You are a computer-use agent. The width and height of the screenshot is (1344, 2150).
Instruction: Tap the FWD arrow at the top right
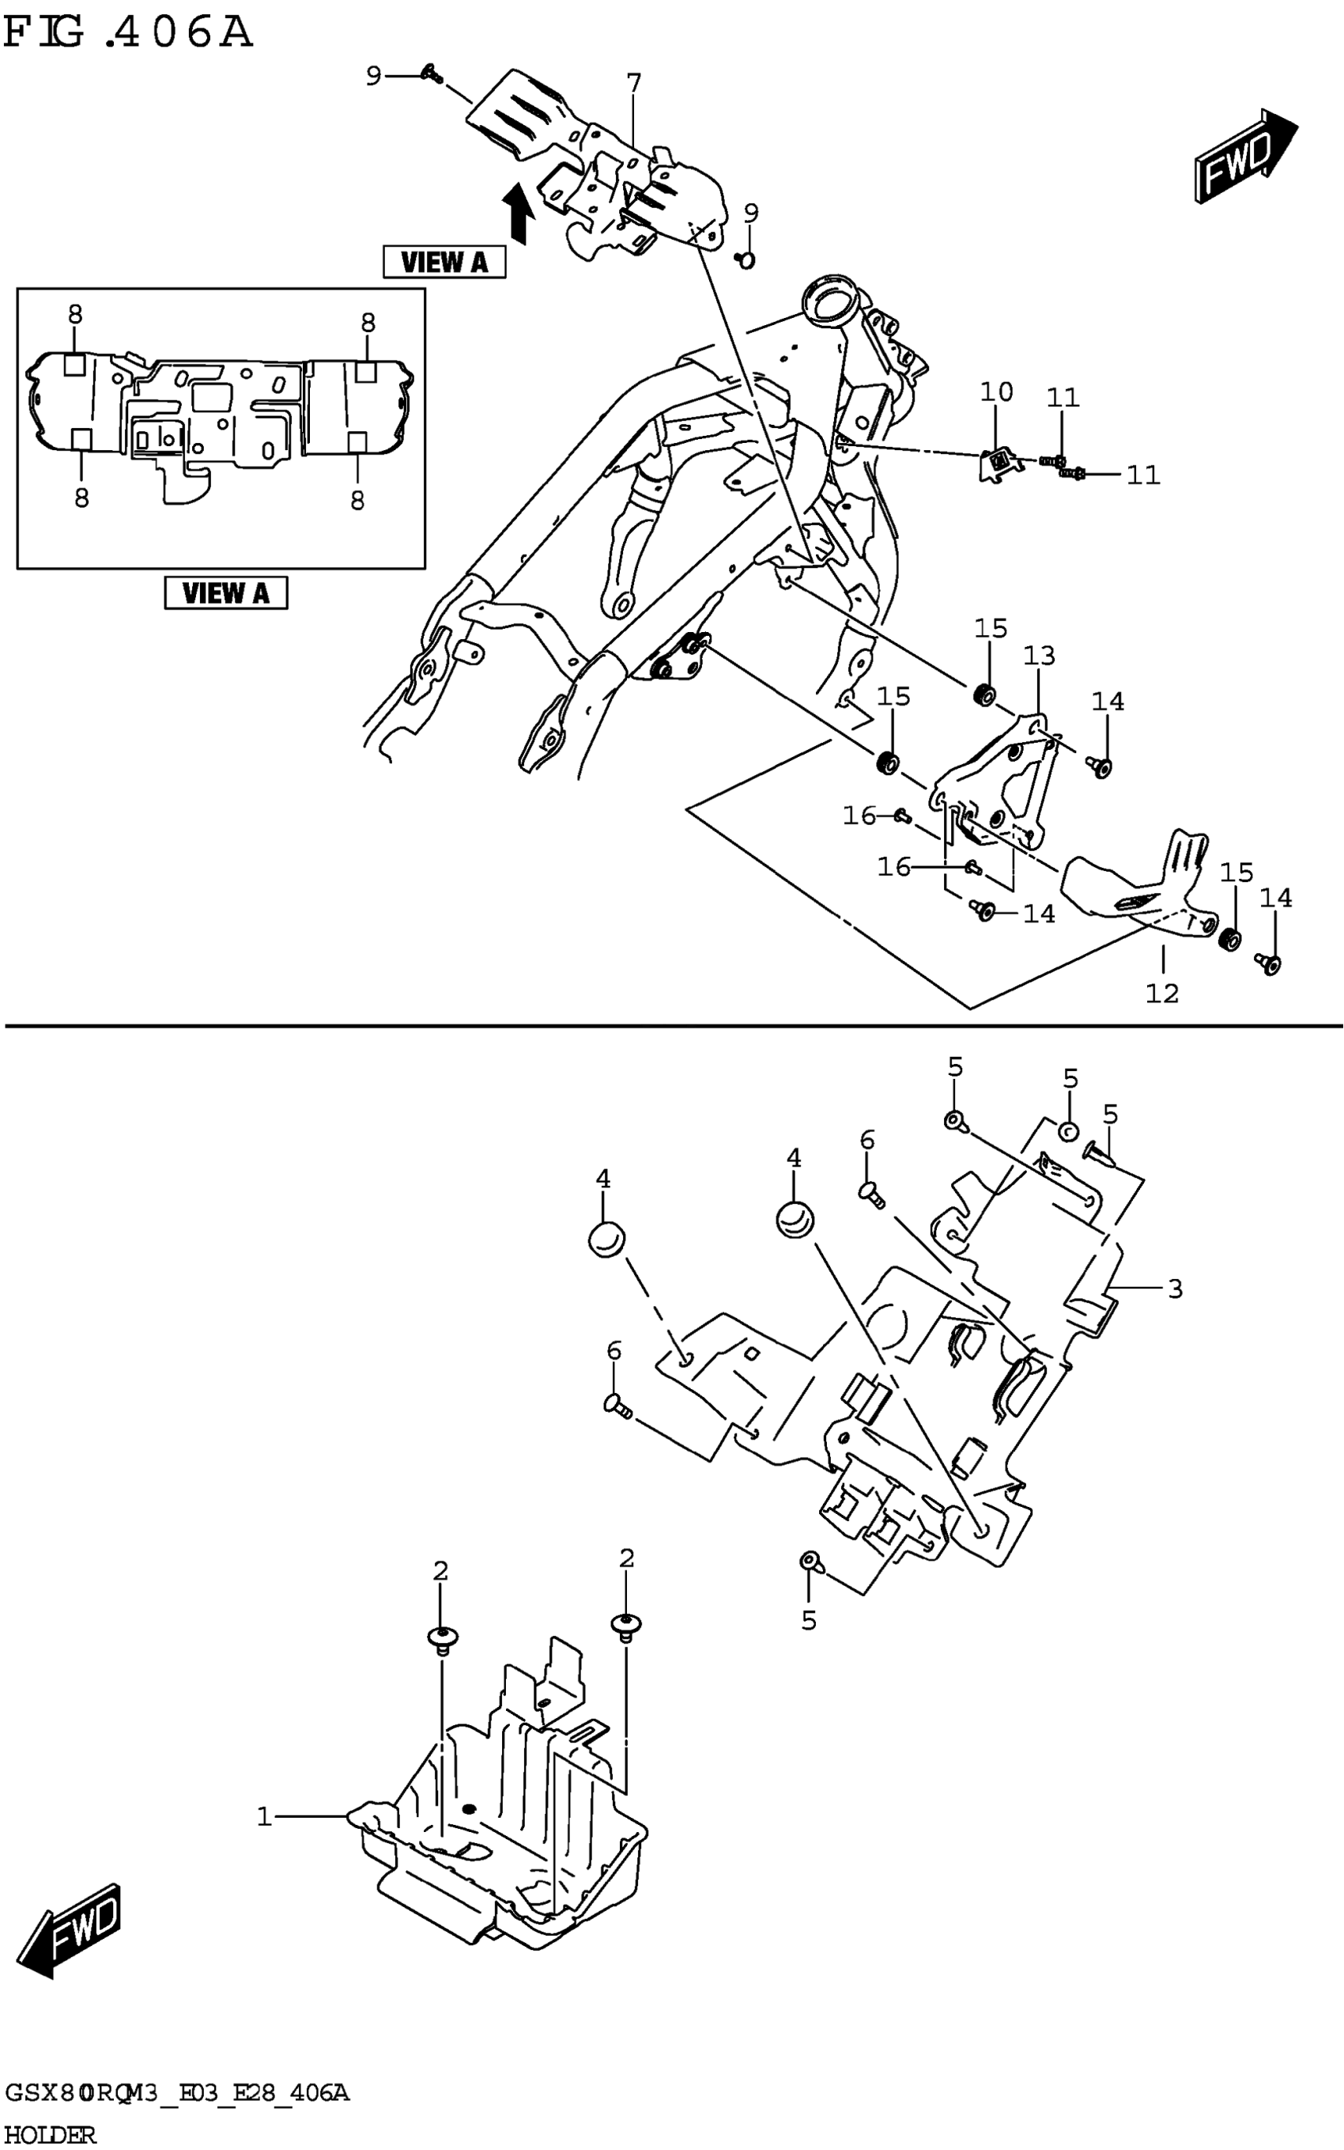coord(1244,157)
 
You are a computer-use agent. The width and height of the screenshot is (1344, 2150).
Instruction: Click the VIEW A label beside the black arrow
coord(444,263)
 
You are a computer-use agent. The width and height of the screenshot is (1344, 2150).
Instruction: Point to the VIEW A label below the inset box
coord(226,593)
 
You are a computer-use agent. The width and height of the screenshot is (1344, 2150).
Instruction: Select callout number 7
coord(633,84)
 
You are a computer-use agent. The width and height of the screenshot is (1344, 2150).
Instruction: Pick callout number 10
coord(996,392)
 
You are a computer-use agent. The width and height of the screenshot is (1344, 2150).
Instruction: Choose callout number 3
coord(1175,1289)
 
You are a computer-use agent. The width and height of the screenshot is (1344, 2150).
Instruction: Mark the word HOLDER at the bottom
coord(51,2134)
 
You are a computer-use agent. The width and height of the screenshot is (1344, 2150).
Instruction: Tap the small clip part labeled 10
coord(999,463)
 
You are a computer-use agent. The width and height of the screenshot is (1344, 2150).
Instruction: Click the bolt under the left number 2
coord(442,1636)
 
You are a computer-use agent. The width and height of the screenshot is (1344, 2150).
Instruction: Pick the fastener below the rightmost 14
coord(1271,963)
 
